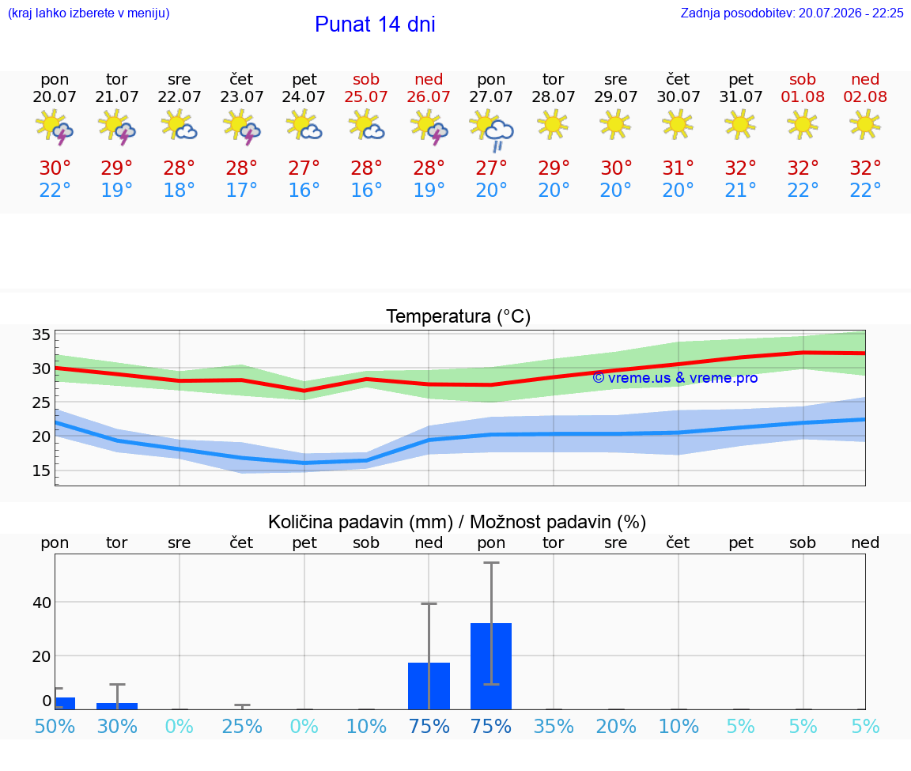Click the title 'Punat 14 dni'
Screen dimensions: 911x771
pyautogui.click(x=375, y=24)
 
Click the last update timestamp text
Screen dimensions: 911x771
pyautogui.click(x=792, y=13)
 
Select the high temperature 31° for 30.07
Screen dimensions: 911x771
pyautogui.click(x=678, y=168)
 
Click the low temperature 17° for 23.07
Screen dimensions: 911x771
pyautogui.click(x=242, y=190)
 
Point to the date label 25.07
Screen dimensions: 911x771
pyautogui.click(x=366, y=96)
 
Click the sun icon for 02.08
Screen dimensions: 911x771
pyautogui.click(x=865, y=125)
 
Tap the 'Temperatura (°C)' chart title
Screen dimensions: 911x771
pyautogui.click(x=459, y=316)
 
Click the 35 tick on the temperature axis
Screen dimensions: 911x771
pyautogui.click(x=41, y=334)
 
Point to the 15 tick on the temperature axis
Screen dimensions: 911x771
pyautogui.click(x=41, y=471)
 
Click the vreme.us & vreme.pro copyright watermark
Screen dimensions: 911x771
pyautogui.click(x=675, y=378)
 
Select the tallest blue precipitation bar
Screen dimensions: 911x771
pyautogui.click(x=491, y=666)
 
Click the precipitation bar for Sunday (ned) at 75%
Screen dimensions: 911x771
pyautogui.click(x=429, y=686)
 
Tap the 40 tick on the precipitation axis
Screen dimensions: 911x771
pyautogui.click(x=42, y=603)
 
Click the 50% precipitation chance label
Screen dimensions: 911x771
pyautogui.click(x=55, y=726)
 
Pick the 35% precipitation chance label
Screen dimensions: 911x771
pyautogui.click(x=554, y=726)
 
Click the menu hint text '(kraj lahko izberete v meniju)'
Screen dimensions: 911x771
pyautogui.click(x=89, y=13)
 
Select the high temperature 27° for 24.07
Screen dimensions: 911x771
pyautogui.click(x=304, y=168)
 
